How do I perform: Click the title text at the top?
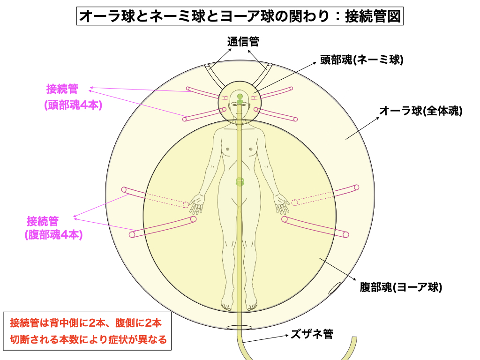click(240, 16)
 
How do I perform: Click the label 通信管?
click(243, 42)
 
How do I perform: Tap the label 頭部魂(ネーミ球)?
click(361, 60)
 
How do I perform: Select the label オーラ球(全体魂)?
click(420, 111)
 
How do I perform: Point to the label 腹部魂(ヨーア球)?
click(401, 287)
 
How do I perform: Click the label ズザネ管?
click(312, 334)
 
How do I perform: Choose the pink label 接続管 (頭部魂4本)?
click(73, 97)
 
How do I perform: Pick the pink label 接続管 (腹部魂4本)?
click(53, 228)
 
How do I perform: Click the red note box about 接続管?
click(87, 331)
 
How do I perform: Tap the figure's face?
click(240, 107)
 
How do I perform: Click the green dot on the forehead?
click(240, 97)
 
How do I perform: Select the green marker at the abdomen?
click(240, 181)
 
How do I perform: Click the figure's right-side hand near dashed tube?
click(282, 203)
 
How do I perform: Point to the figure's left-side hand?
click(196, 203)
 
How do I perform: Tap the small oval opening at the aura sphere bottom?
click(240, 328)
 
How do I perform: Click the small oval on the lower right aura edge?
click(335, 288)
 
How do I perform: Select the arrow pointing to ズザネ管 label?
click(265, 338)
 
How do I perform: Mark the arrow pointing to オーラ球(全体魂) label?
click(362, 128)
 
